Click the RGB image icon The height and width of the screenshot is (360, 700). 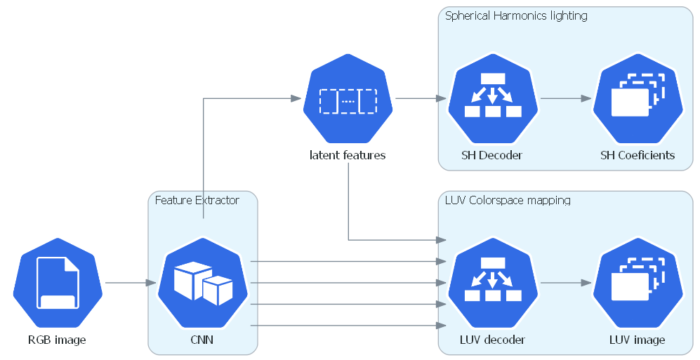click(x=58, y=283)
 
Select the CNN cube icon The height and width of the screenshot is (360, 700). click(x=203, y=283)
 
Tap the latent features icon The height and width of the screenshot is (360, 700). click(x=348, y=98)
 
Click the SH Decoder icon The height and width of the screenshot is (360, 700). click(x=493, y=98)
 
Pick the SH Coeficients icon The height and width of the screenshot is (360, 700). click(x=638, y=98)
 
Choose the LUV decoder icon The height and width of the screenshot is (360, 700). click(x=493, y=283)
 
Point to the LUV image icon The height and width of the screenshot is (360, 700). click(x=638, y=283)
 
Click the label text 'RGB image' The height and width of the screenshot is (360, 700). click(x=57, y=340)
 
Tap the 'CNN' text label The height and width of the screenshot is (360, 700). click(x=202, y=340)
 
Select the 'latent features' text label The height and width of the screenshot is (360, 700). click(x=348, y=155)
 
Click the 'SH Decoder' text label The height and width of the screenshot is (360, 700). click(x=492, y=155)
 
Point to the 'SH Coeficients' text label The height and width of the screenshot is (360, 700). click(x=638, y=155)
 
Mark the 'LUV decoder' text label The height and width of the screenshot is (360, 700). click(x=492, y=340)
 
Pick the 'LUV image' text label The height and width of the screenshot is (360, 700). click(x=637, y=340)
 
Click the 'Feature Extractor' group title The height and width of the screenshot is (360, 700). click(x=197, y=200)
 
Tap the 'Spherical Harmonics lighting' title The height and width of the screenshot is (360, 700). click(x=516, y=16)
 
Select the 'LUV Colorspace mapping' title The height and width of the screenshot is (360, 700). click(x=508, y=200)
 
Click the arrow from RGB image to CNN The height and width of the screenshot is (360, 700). click(x=131, y=283)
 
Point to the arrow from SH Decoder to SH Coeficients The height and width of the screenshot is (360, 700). click(x=566, y=98)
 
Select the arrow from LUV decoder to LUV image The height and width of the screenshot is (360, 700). click(x=566, y=283)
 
